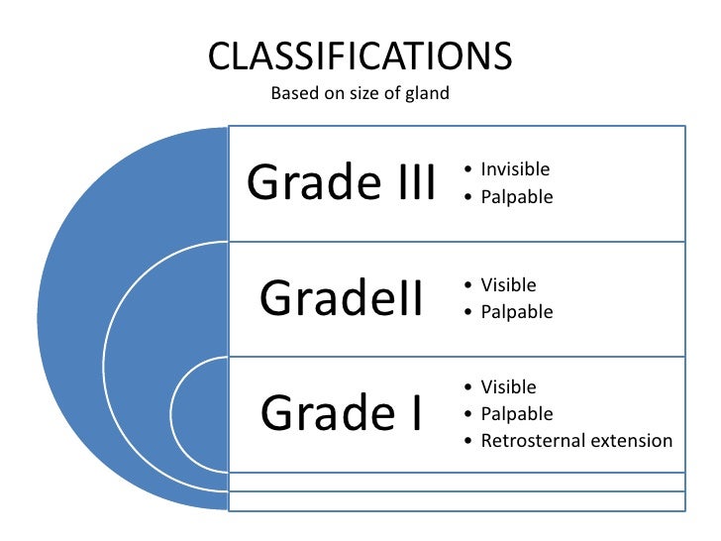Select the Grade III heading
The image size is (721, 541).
coord(341,182)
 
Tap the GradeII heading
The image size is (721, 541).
coord(341,298)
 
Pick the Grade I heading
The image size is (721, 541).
coord(341,413)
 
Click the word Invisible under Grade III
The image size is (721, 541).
coord(515,169)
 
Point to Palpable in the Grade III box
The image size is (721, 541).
coord(516,197)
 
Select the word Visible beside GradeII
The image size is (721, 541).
coord(508,285)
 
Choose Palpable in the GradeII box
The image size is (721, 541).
coord(516,312)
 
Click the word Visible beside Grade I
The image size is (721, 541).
coord(508,387)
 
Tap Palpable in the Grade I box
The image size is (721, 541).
coord(516,414)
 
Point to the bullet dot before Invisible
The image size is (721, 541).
coord(467,170)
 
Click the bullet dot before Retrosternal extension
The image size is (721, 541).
coord(467,442)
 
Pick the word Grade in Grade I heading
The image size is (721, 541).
coord(320,413)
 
